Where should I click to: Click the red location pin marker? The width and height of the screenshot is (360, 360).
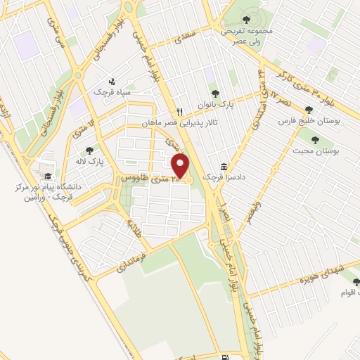click(x=181, y=165)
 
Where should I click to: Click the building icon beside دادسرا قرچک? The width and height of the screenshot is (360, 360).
click(x=224, y=167)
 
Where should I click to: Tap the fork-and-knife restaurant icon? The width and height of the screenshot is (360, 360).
click(x=180, y=112)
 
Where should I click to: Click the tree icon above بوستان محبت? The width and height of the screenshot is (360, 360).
click(x=314, y=139)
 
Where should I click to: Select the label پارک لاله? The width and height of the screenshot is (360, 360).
click(x=89, y=161)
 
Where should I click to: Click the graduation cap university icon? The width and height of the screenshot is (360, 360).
click(x=47, y=176)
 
